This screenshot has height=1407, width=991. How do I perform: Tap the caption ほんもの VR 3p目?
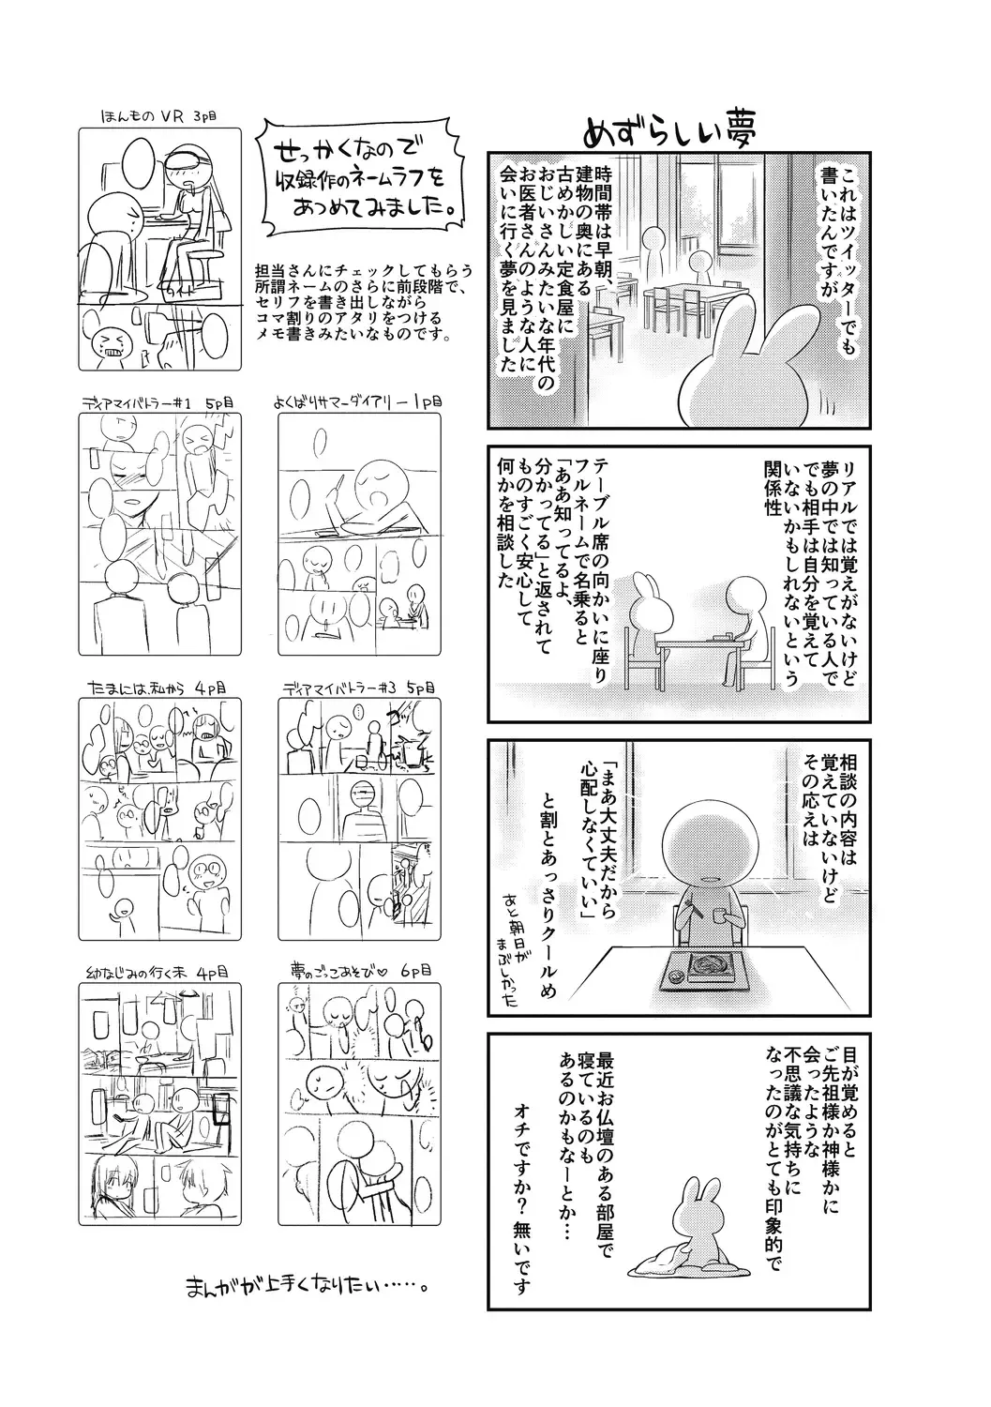click(158, 116)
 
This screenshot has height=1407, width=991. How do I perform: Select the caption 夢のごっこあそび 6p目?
click(359, 972)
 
